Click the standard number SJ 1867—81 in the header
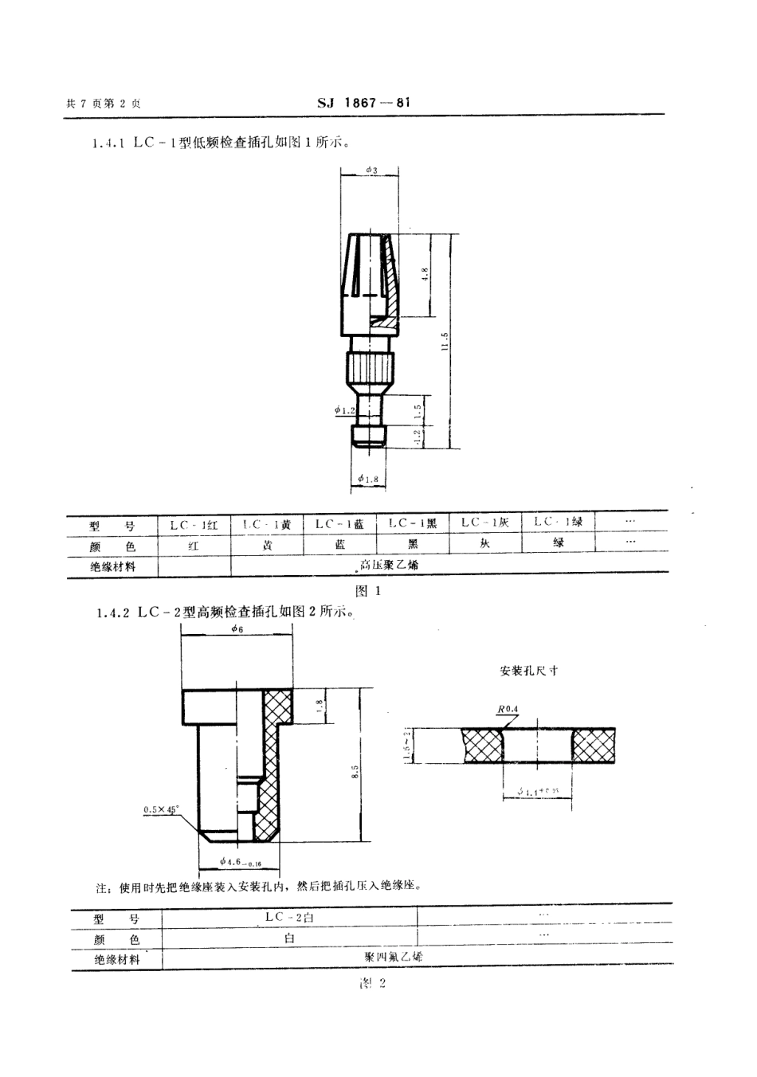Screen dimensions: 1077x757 (x=363, y=103)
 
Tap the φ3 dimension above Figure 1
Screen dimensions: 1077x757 (x=371, y=170)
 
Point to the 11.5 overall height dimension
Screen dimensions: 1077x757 (x=445, y=340)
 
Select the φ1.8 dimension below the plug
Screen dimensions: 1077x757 (x=368, y=478)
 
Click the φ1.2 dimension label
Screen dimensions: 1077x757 (x=345, y=410)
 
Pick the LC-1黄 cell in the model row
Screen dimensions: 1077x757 (x=267, y=524)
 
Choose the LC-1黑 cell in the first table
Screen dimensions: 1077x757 (x=413, y=523)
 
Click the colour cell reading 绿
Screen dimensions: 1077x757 (x=559, y=543)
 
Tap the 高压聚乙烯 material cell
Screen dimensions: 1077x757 (x=388, y=565)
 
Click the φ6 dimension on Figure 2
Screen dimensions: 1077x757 (x=237, y=629)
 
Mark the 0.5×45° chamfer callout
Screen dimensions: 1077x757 (x=161, y=809)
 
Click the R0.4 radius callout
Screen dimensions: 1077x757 (x=507, y=708)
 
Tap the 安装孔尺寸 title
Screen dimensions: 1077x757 (x=528, y=671)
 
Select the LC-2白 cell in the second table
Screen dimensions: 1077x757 (x=289, y=917)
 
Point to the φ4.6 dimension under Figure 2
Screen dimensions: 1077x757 (x=240, y=861)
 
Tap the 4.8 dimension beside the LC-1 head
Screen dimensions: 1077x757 (x=426, y=273)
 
